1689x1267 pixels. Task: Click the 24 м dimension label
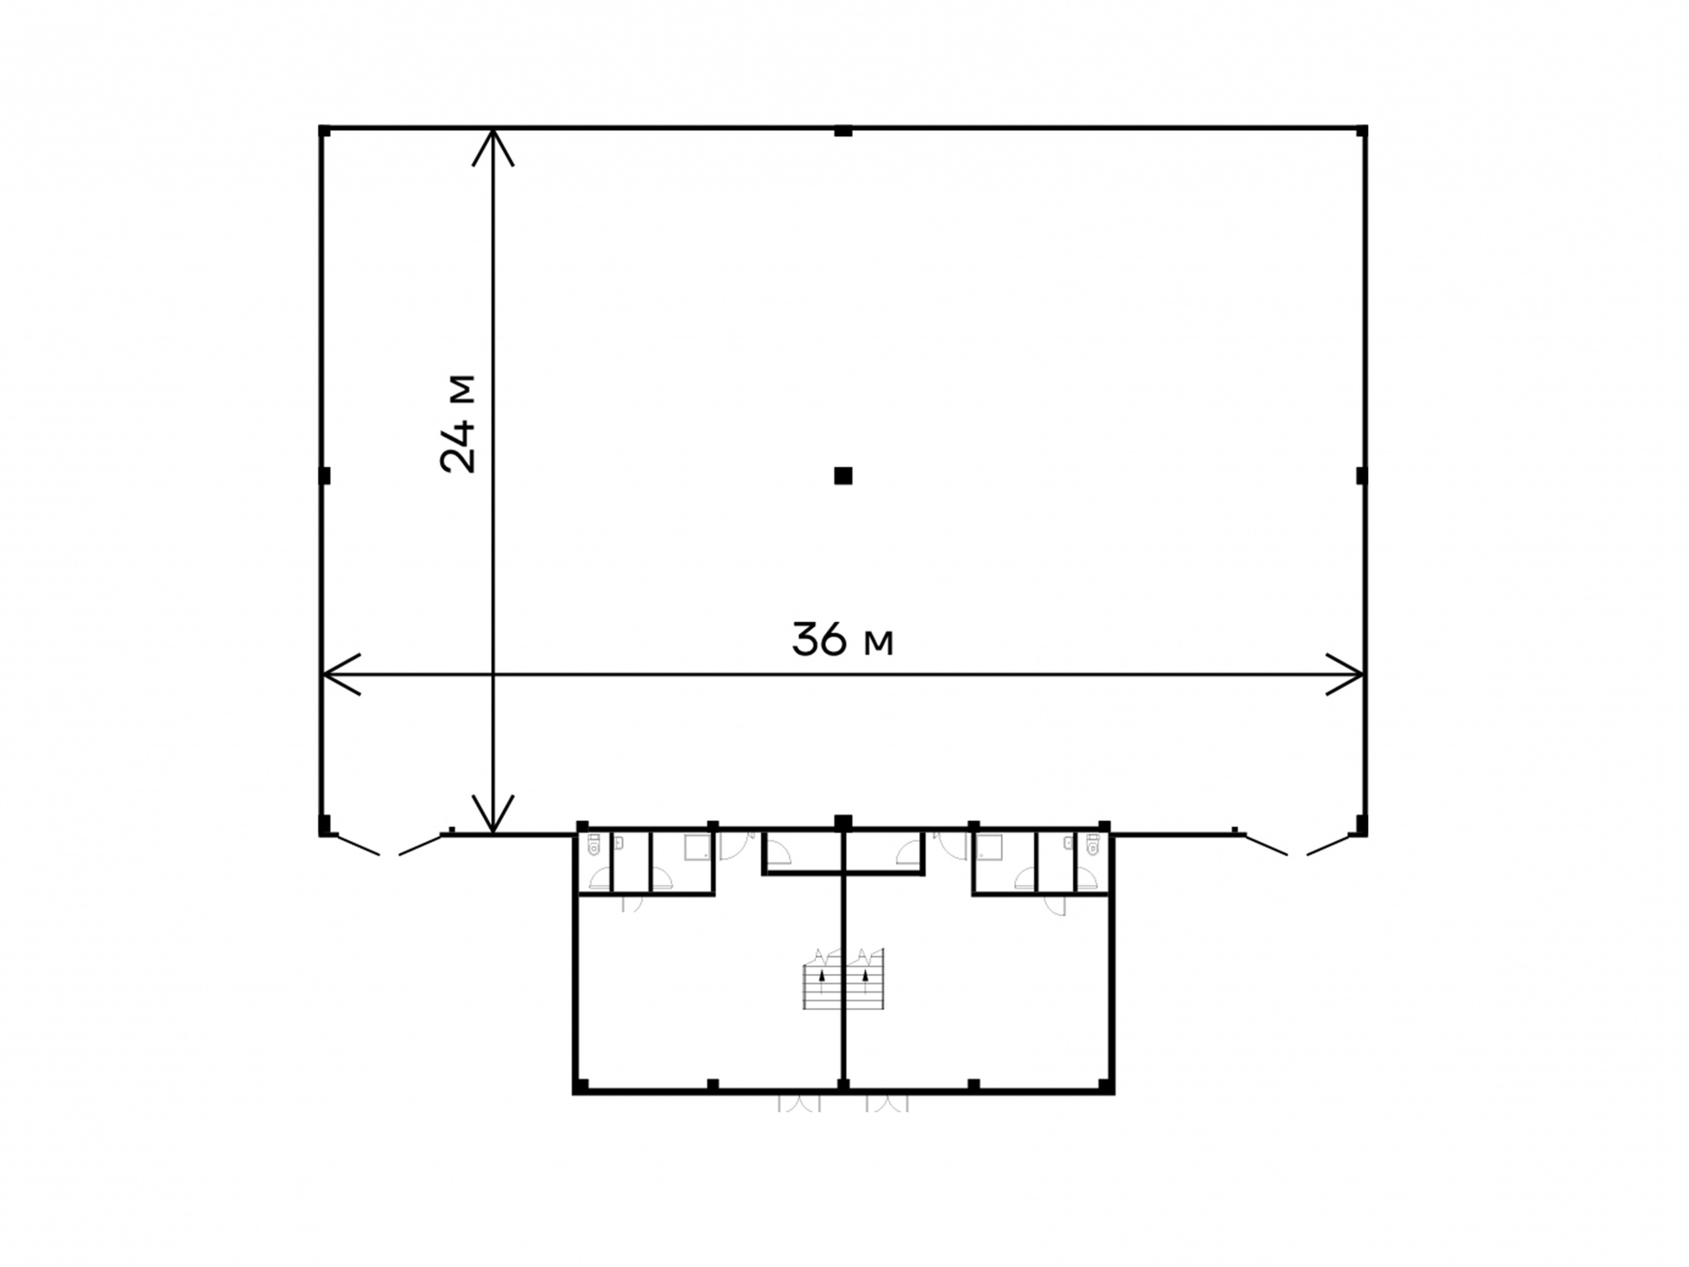click(x=457, y=424)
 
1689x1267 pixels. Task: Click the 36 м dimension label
click(x=843, y=640)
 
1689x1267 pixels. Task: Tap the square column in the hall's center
click(x=843, y=476)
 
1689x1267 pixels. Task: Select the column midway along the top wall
click(x=843, y=132)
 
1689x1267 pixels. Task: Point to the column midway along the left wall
click(x=324, y=476)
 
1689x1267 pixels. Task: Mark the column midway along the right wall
click(x=1362, y=476)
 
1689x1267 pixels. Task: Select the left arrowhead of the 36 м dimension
click(x=341, y=675)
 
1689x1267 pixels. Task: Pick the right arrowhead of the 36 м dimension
click(x=1345, y=675)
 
